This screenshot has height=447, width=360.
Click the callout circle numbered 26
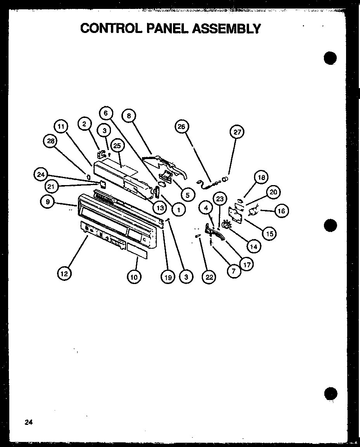(x=182, y=126)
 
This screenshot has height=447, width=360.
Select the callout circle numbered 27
(x=237, y=132)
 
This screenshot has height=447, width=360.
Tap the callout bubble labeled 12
(x=64, y=274)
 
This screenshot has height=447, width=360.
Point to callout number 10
(x=134, y=276)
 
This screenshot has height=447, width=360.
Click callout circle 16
(x=281, y=211)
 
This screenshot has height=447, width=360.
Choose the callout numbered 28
(x=50, y=141)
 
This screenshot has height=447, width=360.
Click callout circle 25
(x=117, y=146)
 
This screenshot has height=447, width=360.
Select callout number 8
(x=129, y=115)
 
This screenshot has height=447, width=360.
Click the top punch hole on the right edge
(x=330, y=58)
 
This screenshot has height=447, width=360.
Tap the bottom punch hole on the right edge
(x=330, y=393)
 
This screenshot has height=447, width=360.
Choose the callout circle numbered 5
(x=187, y=194)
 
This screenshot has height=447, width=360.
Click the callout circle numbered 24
(x=41, y=175)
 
